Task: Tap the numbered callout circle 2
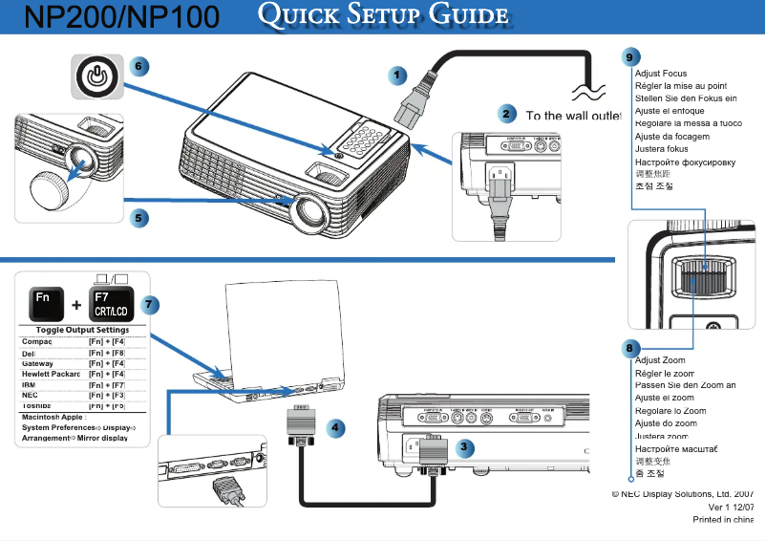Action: click(x=507, y=114)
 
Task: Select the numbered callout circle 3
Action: click(x=463, y=446)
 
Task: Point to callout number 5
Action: click(x=140, y=218)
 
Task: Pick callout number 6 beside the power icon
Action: click(x=139, y=67)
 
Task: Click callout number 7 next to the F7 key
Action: click(x=149, y=305)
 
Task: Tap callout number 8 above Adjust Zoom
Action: click(x=629, y=346)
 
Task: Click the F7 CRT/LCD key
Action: click(x=111, y=304)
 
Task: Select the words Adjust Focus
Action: click(x=661, y=74)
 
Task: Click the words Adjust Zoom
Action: click(x=660, y=360)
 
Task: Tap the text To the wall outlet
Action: click(x=573, y=116)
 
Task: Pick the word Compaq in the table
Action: click(x=36, y=341)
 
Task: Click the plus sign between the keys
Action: click(x=76, y=307)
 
